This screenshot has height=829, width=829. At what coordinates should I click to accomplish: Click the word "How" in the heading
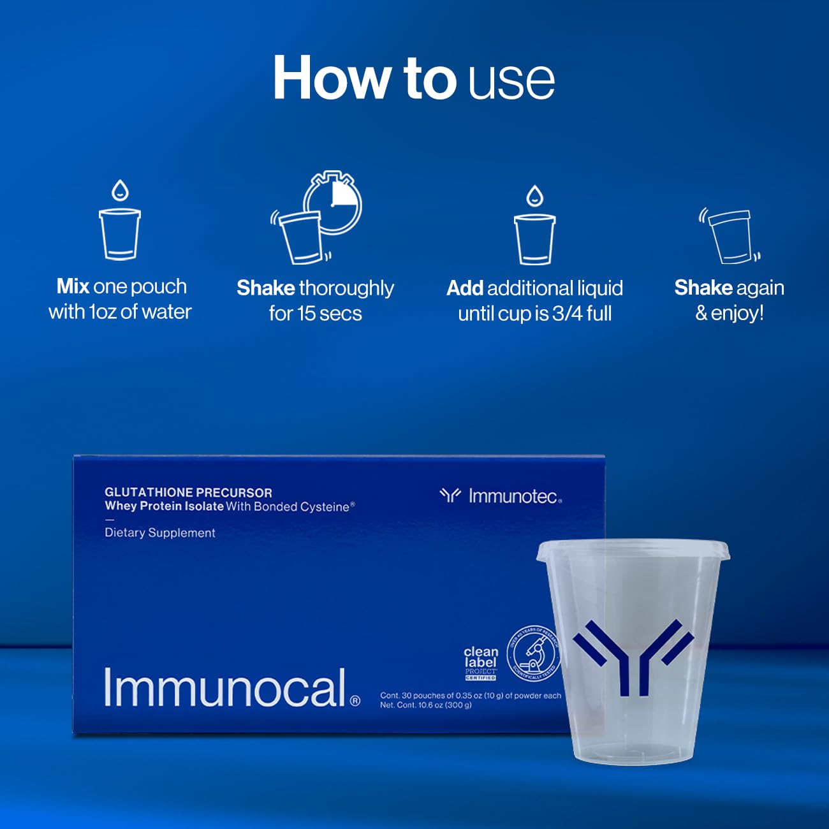click(x=332, y=78)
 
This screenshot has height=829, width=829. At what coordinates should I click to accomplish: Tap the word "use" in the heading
click(x=511, y=80)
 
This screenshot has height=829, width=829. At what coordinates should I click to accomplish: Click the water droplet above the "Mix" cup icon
click(x=120, y=190)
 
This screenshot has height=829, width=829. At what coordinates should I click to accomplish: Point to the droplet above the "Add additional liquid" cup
click(x=534, y=195)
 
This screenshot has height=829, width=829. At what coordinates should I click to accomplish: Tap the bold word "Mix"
click(x=73, y=286)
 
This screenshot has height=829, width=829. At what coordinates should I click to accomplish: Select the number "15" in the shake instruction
click(x=308, y=314)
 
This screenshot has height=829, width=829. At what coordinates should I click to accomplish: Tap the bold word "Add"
click(x=465, y=288)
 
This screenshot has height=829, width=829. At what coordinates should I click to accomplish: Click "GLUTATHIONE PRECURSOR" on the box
click(x=188, y=492)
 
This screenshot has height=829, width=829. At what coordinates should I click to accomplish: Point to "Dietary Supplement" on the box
click(x=160, y=533)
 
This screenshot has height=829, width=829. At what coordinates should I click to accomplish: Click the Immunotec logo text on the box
click(x=514, y=496)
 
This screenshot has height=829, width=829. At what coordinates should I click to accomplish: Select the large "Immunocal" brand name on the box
click(x=224, y=688)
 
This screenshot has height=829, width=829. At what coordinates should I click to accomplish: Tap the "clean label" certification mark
click(x=480, y=662)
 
